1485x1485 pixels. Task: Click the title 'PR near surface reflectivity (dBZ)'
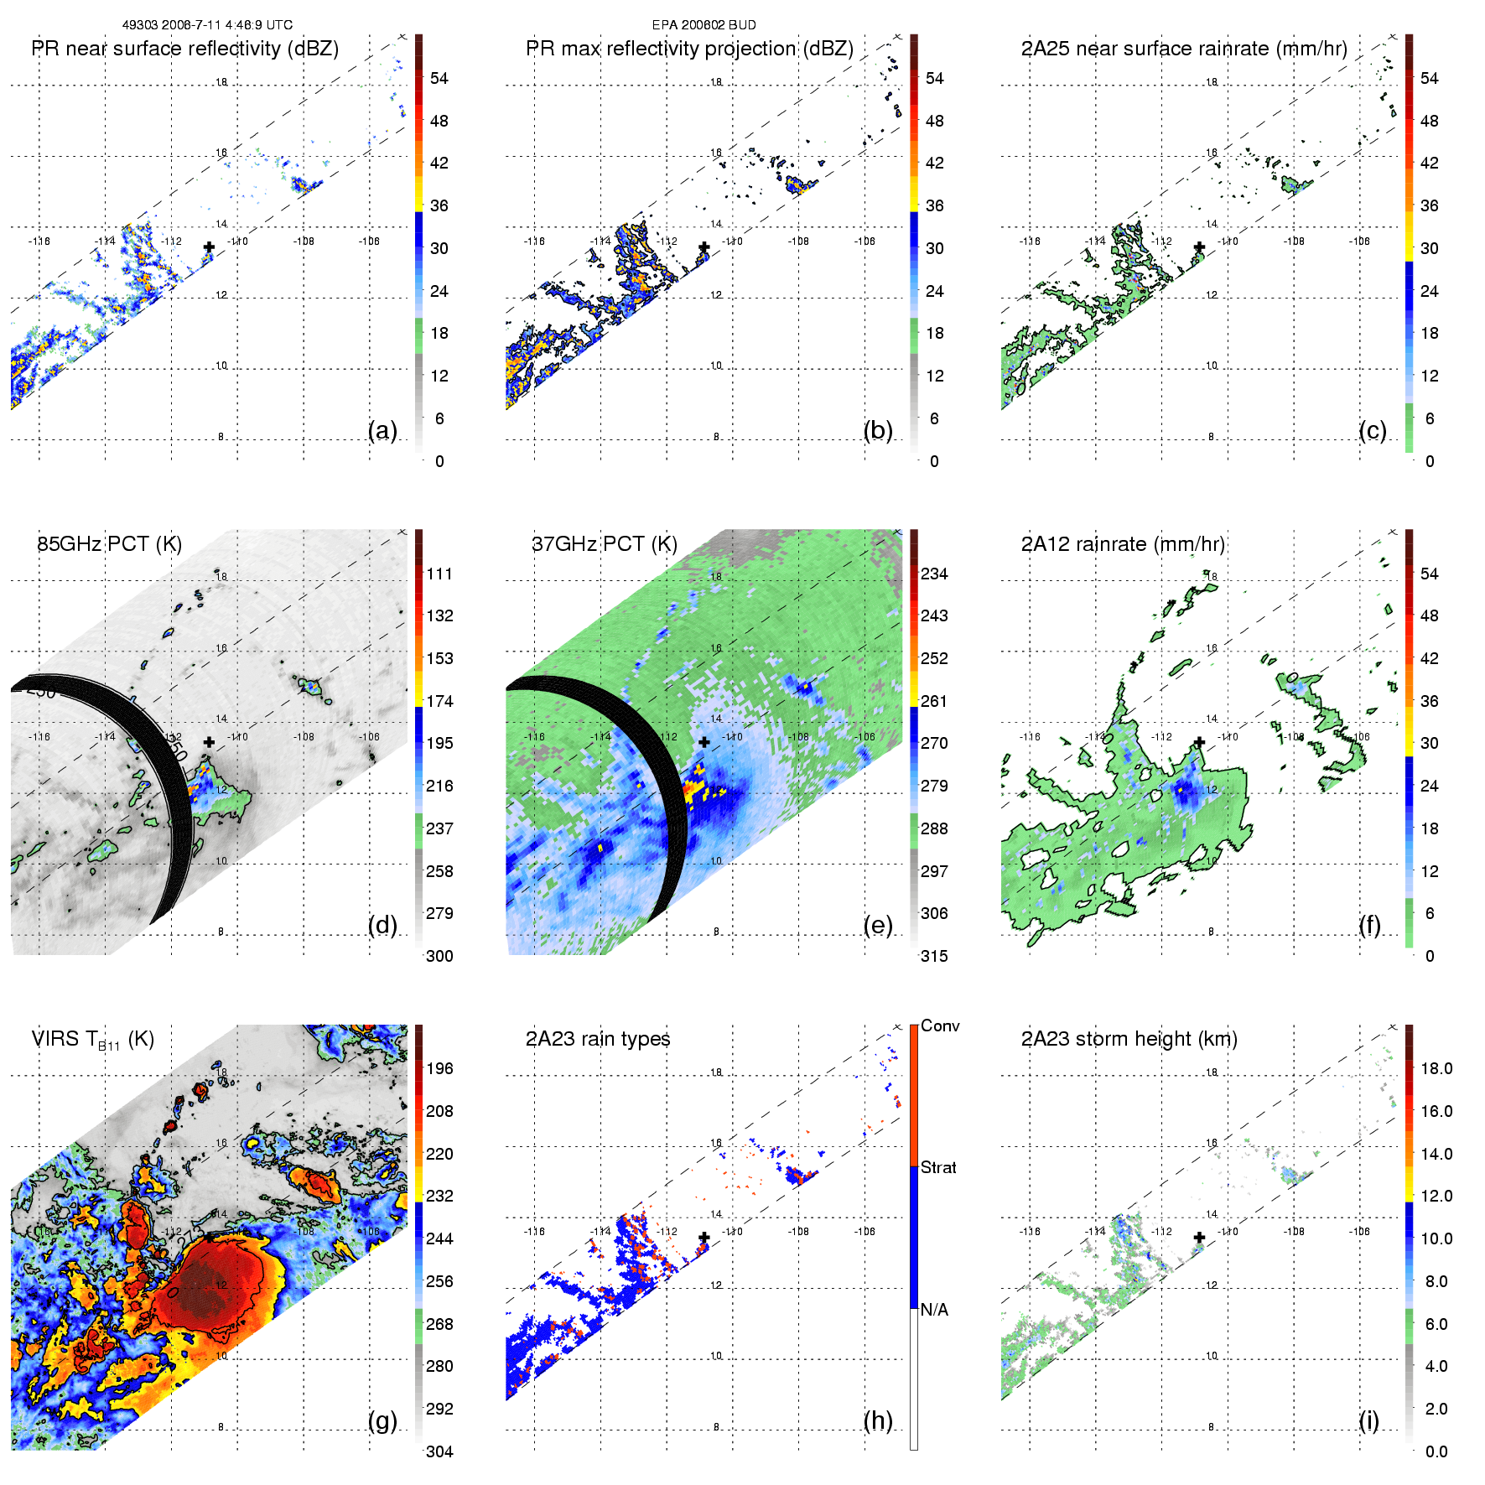pos(184,49)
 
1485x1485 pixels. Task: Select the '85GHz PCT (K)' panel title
pos(109,544)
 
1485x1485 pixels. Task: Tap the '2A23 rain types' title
pos(598,1039)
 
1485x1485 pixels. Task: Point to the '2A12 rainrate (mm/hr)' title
pos(1123,544)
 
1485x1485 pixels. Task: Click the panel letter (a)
pos(382,430)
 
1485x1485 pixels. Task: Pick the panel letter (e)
pos(878,925)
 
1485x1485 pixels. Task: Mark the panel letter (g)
pos(382,1420)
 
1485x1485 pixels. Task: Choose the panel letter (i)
pos(1368,1420)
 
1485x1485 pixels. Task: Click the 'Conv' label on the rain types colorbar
pos(940,1025)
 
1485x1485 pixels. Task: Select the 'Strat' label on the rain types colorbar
pos(938,1167)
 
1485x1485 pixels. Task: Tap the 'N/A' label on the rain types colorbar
pos(934,1310)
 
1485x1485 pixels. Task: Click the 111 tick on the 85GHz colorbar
pos(439,574)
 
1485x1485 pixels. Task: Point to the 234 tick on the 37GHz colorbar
pos(934,574)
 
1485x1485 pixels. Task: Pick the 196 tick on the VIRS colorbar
pos(439,1068)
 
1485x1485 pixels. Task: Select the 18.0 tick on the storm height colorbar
pos(1436,1068)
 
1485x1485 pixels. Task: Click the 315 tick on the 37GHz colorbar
pos(934,956)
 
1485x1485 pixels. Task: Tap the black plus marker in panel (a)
pos(209,247)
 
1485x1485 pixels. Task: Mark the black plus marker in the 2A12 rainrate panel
pos(1200,742)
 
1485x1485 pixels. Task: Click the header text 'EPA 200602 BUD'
pos(704,25)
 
